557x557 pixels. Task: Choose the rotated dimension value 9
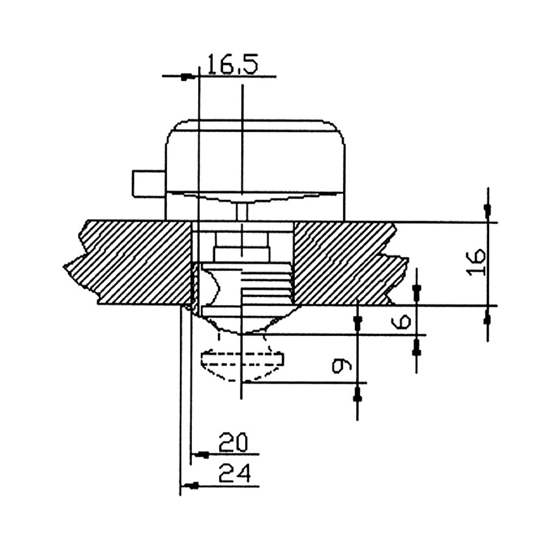341,366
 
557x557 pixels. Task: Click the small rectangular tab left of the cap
148,182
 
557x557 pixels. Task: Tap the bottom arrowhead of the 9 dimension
357,396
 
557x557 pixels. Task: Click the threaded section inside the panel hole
265,285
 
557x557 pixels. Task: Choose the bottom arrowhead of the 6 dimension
416,346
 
